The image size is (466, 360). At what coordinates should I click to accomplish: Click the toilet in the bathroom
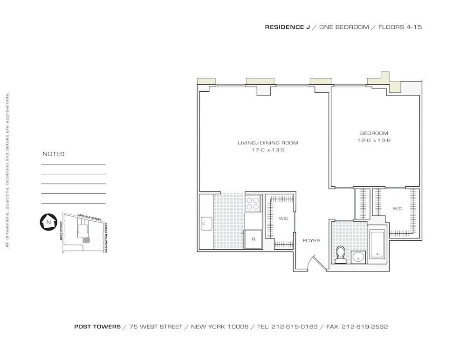pyautogui.click(x=341, y=255)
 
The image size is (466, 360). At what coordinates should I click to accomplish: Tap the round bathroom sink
pyautogui.click(x=358, y=257)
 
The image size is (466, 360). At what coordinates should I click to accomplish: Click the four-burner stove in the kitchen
pyautogui.click(x=253, y=203)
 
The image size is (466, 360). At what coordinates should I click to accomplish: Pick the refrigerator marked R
pyautogui.click(x=253, y=239)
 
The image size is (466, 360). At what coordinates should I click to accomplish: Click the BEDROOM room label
pyautogui.click(x=374, y=133)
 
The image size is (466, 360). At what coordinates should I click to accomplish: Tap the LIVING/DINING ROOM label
pyautogui.click(x=267, y=143)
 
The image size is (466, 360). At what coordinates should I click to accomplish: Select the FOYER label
pyautogui.click(x=311, y=241)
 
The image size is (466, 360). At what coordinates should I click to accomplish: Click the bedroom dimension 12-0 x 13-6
pyautogui.click(x=374, y=140)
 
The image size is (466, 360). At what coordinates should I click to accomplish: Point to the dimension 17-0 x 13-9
pyautogui.click(x=267, y=150)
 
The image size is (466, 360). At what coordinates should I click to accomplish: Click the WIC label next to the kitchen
pyautogui.click(x=283, y=218)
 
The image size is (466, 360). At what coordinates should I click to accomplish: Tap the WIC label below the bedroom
pyautogui.click(x=397, y=209)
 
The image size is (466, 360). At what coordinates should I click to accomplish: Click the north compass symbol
pyautogui.click(x=48, y=222)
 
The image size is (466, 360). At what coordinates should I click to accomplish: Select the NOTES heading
pyautogui.click(x=54, y=154)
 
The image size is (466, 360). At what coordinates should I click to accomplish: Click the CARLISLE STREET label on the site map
pyautogui.click(x=89, y=217)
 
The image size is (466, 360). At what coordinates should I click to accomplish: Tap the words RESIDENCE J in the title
pyautogui.click(x=288, y=27)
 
